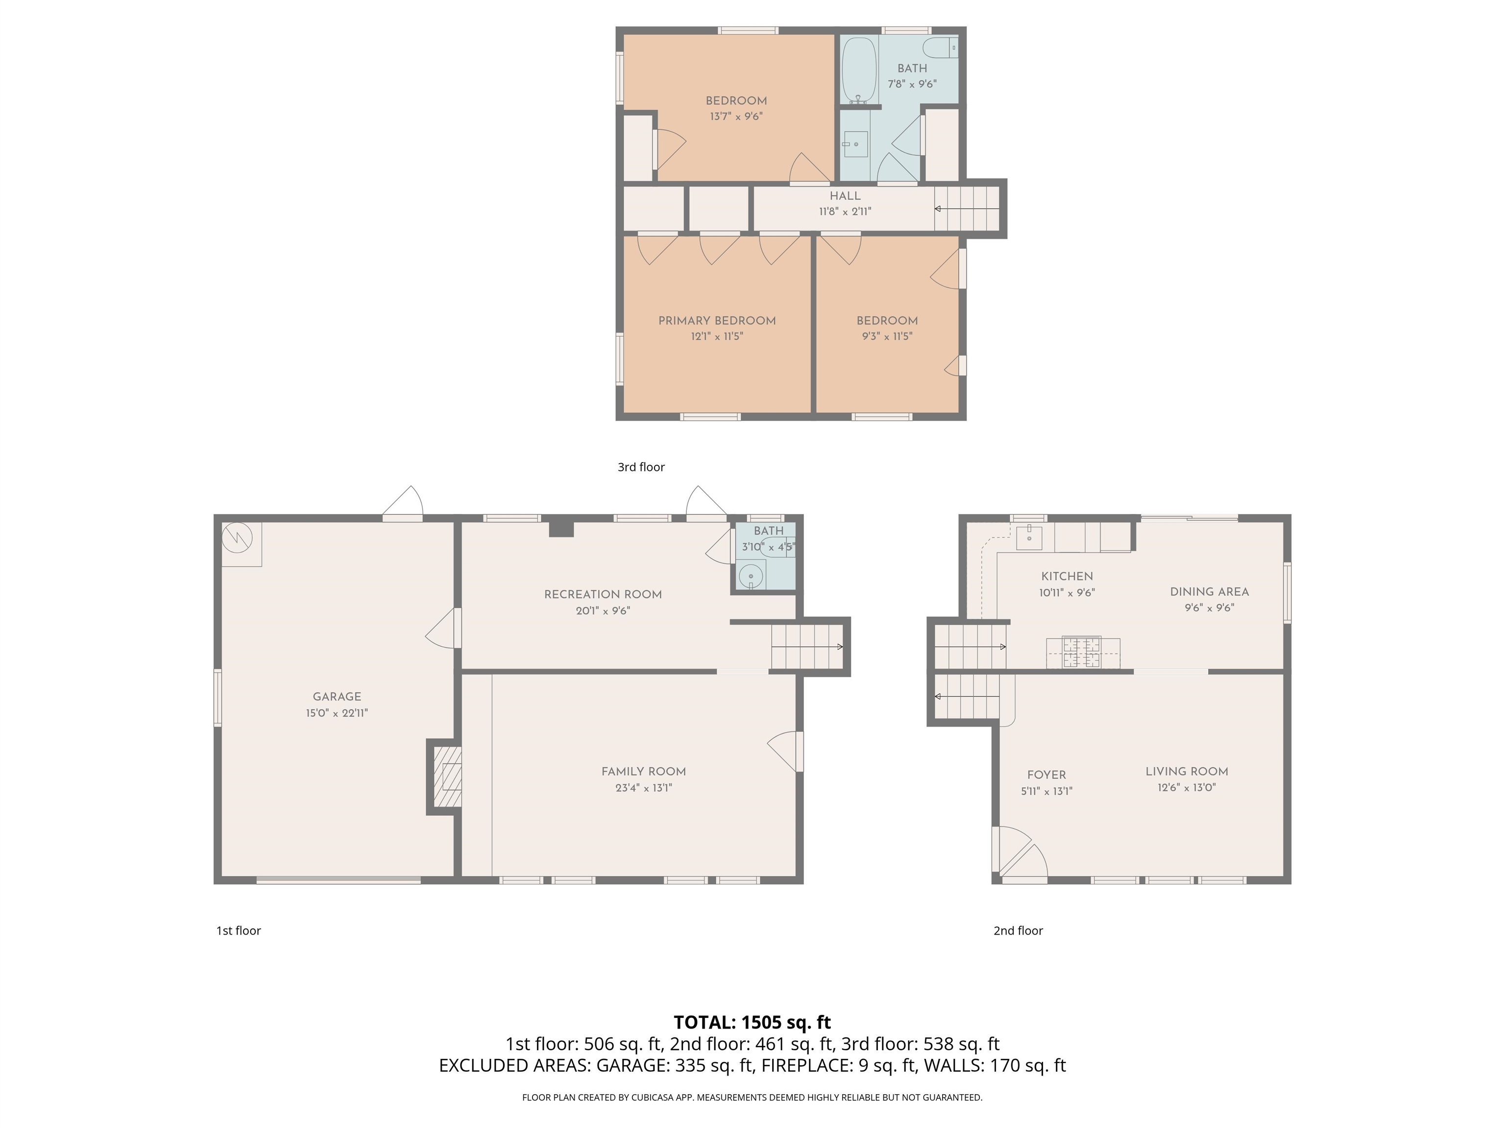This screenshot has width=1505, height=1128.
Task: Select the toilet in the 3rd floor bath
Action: coord(940,47)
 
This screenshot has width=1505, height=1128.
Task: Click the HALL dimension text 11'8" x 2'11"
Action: coord(845,211)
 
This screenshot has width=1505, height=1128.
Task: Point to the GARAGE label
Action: coord(337,696)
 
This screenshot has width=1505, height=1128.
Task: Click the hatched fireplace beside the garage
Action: coord(448,777)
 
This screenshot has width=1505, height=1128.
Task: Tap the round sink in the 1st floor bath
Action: coord(751,575)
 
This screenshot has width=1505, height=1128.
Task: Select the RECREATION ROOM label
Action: coord(603,594)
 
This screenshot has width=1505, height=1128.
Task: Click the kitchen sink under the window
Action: coord(1029,537)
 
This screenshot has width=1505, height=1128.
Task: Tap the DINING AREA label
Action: coord(1209,591)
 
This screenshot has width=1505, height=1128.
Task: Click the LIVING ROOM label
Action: coord(1187,771)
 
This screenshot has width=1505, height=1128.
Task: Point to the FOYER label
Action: coord(1046,775)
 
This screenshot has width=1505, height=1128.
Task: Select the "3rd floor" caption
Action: coord(641,467)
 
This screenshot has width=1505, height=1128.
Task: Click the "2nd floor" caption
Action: coord(1018,931)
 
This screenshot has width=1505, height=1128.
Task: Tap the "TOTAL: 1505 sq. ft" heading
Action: coord(752,1023)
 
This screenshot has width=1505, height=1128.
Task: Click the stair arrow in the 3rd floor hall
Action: coord(967,209)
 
